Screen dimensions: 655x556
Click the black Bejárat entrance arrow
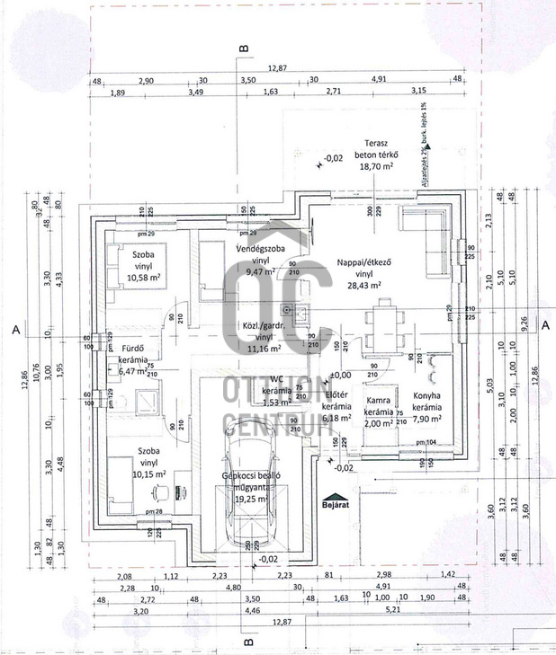[334, 498]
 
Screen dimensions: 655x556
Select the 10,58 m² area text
[140, 278]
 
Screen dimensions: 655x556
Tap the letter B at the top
[242, 49]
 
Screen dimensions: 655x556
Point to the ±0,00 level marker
[340, 375]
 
